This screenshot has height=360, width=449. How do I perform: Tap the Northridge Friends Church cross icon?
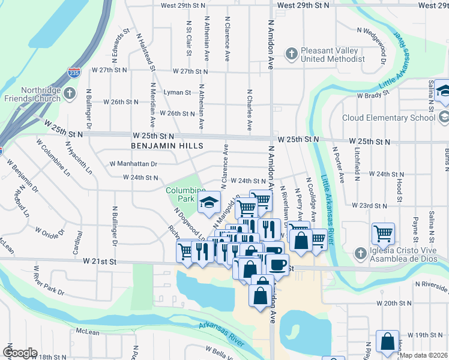point(70,94)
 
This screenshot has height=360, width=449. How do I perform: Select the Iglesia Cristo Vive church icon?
point(360,253)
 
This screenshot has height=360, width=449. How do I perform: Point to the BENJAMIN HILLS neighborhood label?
point(167,146)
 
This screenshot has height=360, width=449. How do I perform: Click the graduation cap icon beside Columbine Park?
point(209,202)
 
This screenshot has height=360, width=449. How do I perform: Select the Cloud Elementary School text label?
point(388,118)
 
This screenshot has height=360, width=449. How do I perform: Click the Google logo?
point(20,353)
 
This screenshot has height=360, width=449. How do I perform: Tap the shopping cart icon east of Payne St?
point(383,232)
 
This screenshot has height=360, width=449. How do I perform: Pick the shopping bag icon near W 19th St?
point(387,341)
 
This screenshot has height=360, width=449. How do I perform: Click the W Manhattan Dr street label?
point(133,163)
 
